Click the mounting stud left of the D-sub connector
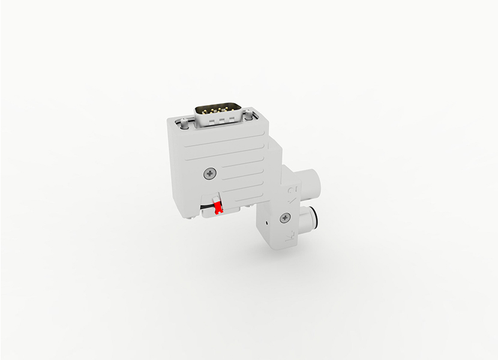pos(181,124)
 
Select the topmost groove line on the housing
pos(222,145)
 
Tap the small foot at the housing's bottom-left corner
pos(191,217)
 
